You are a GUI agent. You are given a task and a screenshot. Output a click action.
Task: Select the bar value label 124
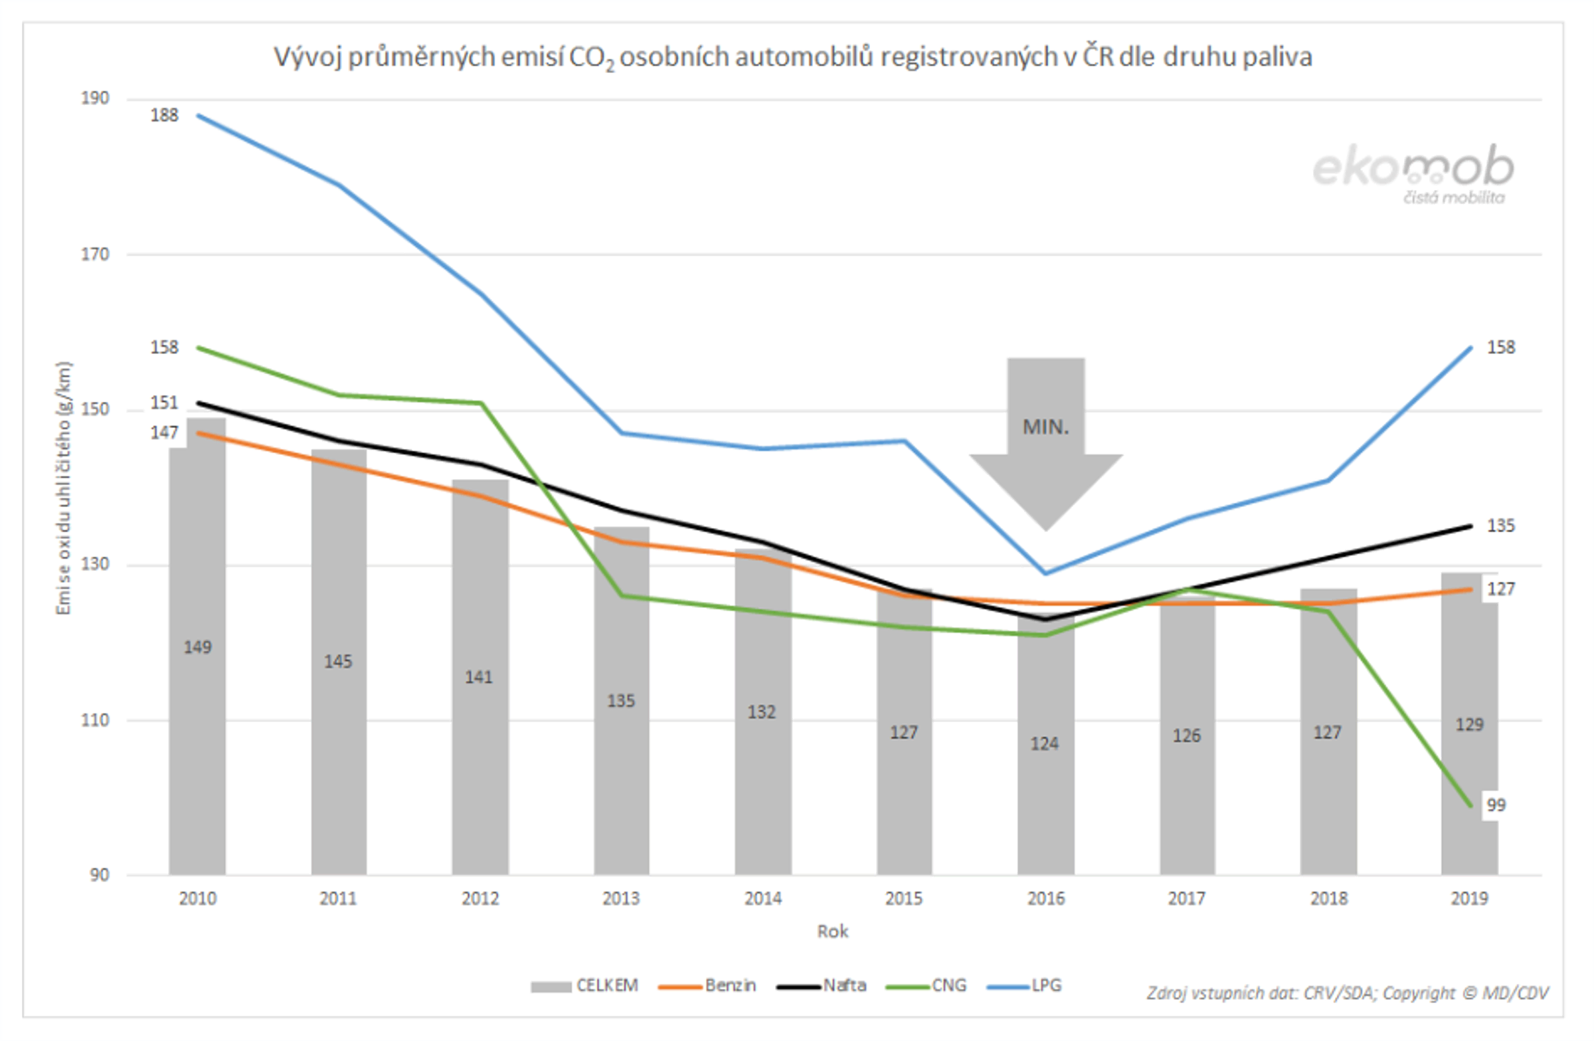pos(1044,743)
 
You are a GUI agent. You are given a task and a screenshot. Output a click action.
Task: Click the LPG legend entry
pos(1025,985)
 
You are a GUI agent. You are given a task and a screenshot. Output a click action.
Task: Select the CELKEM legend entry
pos(585,985)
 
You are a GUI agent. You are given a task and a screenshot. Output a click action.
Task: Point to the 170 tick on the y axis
pos(94,254)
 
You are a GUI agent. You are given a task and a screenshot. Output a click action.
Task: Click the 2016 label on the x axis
pos(1045,898)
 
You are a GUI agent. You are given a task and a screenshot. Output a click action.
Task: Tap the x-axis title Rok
pos(832,931)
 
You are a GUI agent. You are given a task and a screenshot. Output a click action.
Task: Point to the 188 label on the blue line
pos(164,116)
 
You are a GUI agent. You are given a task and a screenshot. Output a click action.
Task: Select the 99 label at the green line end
pos(1496,804)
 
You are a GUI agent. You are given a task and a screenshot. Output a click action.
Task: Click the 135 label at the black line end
pos(1500,526)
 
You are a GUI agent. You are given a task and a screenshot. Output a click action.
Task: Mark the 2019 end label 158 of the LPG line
pos(1500,347)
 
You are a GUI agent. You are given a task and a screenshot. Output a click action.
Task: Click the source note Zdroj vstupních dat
pos(1347,993)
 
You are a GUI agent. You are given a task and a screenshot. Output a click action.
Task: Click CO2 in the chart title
pos(590,58)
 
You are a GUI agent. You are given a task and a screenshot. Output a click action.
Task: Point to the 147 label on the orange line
pos(164,432)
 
